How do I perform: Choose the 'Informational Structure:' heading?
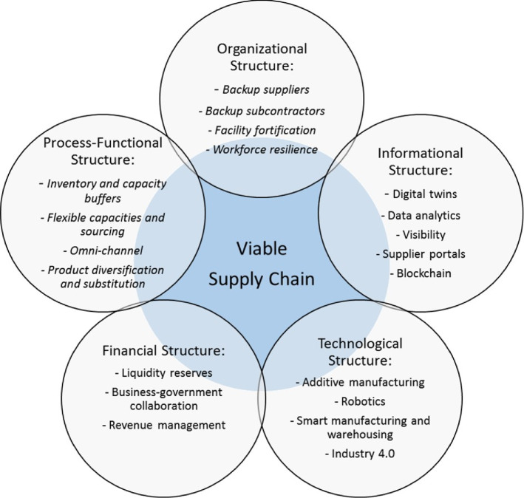pyautogui.click(x=419, y=163)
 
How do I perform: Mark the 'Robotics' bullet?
pyautogui.click(x=360, y=402)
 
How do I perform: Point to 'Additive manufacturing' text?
pyautogui.click(x=360, y=383)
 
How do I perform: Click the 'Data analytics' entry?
pyautogui.click(x=419, y=215)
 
